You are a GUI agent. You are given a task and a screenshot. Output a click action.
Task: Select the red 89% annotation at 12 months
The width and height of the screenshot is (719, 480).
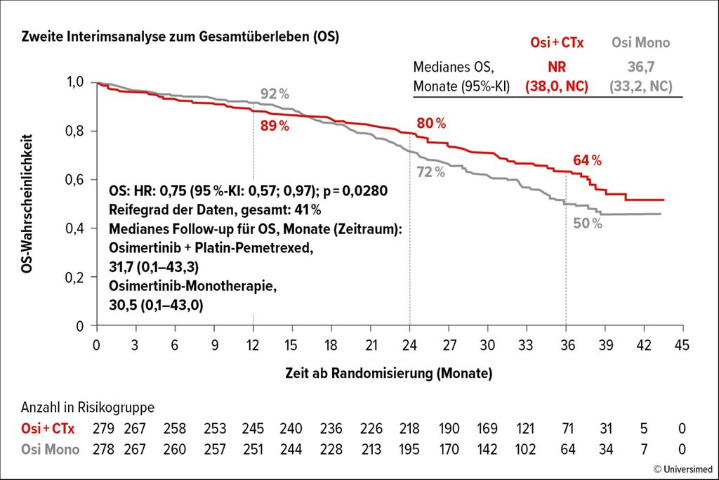(x=275, y=126)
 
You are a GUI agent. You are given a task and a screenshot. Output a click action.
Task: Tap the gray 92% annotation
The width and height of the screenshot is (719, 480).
(x=275, y=94)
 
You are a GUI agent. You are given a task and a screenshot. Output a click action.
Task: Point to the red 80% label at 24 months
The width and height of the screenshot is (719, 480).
(x=431, y=123)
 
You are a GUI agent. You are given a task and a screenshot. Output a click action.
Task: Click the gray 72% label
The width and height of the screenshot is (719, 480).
(x=430, y=171)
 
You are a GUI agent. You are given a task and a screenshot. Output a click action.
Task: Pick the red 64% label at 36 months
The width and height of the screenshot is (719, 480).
(x=587, y=160)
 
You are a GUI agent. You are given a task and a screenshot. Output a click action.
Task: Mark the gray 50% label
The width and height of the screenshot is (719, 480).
(x=587, y=223)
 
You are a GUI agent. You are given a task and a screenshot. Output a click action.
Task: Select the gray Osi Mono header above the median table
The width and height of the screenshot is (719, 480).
(x=640, y=43)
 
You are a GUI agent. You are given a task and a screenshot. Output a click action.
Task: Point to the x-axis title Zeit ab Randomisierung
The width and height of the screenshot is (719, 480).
(x=388, y=372)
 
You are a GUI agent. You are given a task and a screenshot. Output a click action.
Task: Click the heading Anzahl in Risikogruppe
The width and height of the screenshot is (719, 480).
(x=87, y=408)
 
